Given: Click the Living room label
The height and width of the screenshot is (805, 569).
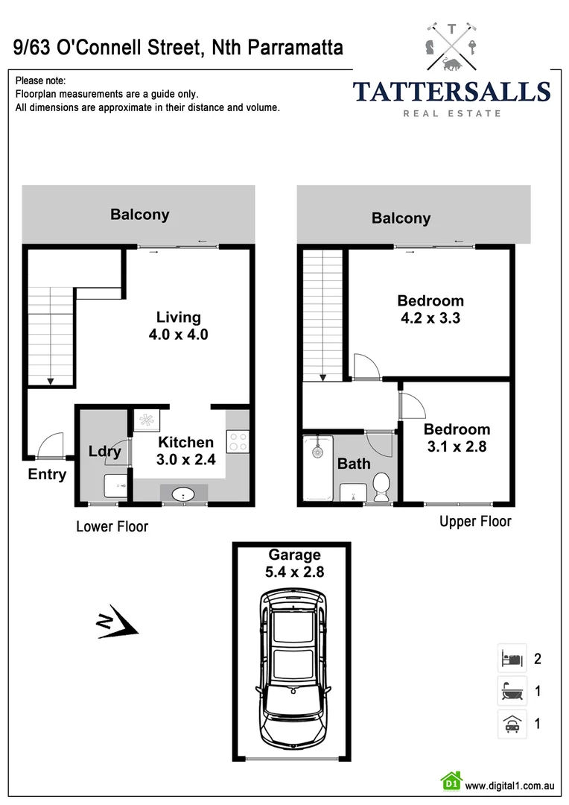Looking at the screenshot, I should [x=178, y=326].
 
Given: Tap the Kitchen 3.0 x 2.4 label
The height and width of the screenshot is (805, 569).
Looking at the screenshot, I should [x=185, y=451].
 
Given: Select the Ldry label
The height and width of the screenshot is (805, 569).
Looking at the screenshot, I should [x=104, y=452].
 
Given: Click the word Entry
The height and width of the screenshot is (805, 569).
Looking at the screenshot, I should [x=47, y=475].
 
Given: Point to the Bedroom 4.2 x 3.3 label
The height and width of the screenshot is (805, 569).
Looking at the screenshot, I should [x=430, y=309].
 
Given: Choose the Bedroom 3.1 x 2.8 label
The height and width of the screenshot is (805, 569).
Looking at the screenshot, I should [x=457, y=438].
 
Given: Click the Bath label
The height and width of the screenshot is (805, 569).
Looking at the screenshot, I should [x=354, y=464].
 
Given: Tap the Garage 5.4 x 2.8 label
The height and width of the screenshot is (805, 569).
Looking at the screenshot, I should [x=295, y=563].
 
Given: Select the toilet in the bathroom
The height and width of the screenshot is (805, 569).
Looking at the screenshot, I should [x=382, y=486].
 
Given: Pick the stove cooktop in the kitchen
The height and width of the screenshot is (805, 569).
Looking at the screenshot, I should [x=238, y=441].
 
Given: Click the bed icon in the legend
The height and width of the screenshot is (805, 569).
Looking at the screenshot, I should [x=511, y=659].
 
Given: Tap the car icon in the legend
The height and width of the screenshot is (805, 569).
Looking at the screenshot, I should [x=511, y=723].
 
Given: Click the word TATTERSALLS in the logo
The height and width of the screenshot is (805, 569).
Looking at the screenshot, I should [x=451, y=92].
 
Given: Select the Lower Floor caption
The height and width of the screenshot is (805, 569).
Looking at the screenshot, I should [x=112, y=527].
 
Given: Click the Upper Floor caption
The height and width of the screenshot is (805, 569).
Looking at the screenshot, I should [x=475, y=521].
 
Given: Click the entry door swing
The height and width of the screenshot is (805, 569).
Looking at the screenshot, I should [x=49, y=445].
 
